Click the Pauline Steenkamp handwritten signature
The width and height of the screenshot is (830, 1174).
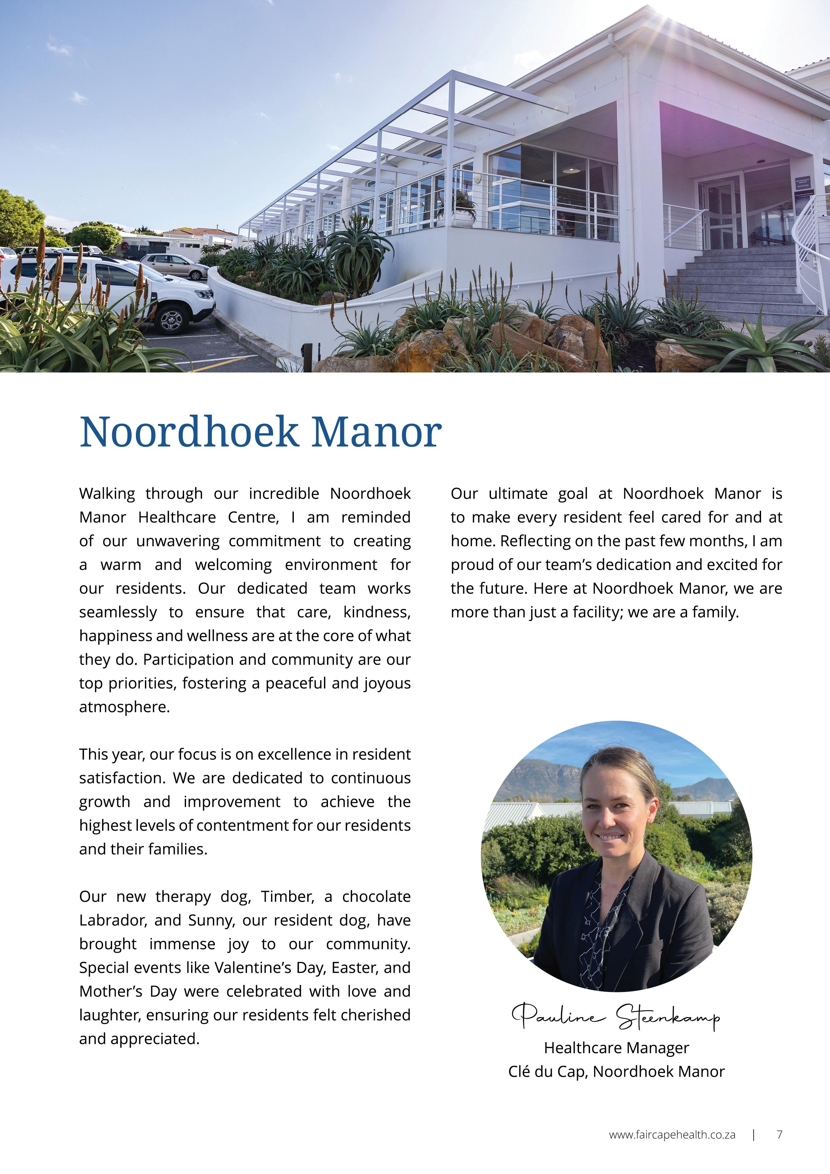616,1016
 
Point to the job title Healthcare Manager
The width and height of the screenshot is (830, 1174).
616,1048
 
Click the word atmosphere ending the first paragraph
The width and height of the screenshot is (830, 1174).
124,707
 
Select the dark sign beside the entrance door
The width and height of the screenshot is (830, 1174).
802,184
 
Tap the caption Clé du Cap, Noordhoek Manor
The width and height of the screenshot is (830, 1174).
616,1071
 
